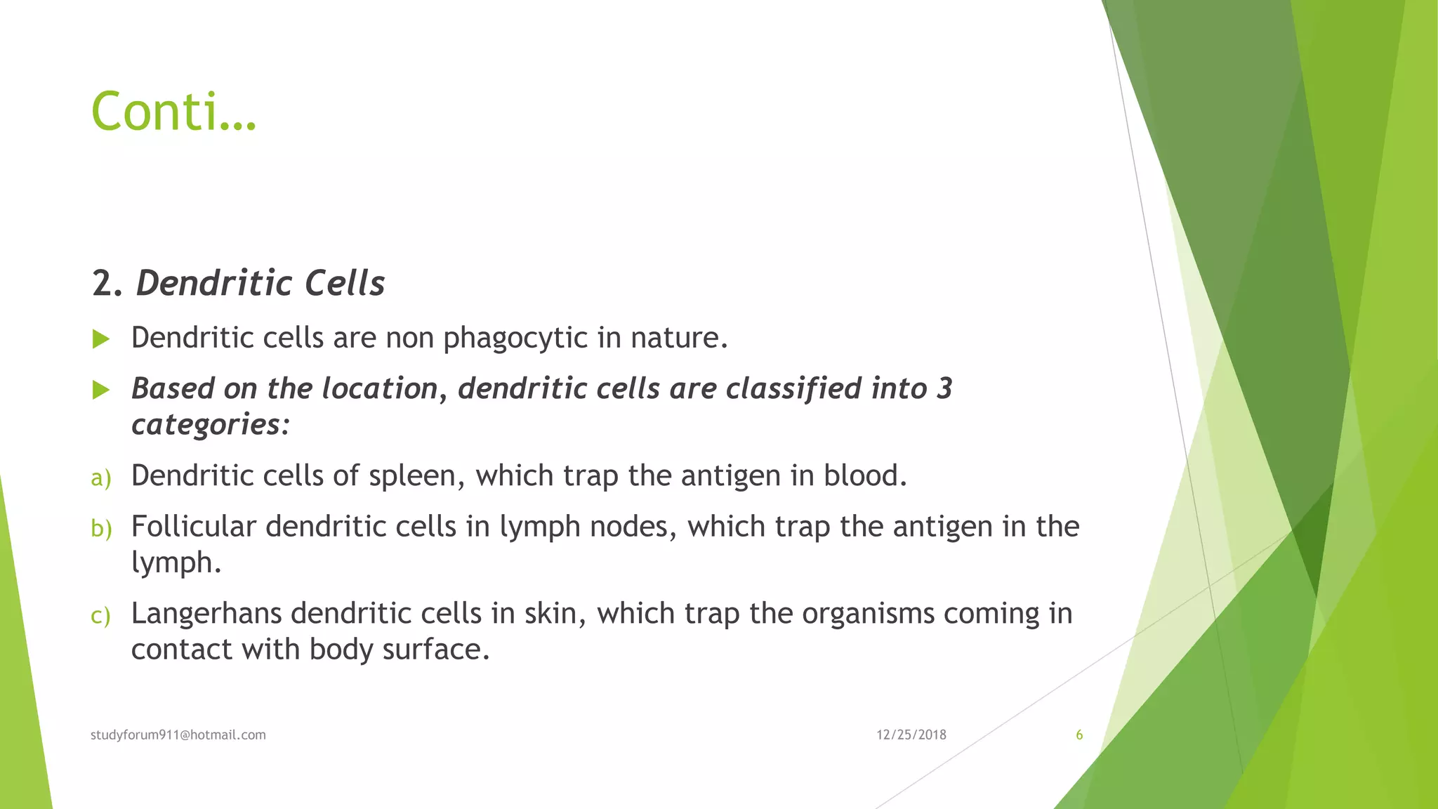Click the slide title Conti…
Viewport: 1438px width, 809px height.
173,112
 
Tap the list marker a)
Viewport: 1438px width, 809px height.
101,478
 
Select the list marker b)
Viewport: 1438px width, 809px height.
101,529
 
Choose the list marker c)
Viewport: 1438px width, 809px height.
101,616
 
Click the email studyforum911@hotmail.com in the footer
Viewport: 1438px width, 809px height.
178,735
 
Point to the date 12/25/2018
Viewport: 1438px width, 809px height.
911,735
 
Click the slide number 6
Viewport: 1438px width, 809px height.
1079,735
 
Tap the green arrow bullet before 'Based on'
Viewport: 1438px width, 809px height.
101,390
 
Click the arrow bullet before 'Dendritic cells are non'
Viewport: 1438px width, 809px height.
101,340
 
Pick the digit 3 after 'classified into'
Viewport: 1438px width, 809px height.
944,389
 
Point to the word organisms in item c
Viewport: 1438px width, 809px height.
868,614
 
